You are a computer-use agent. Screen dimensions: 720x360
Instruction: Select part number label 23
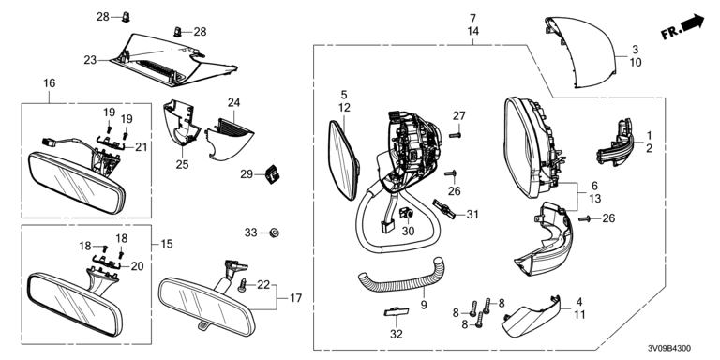(90, 60)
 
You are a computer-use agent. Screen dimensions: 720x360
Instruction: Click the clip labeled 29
(273, 174)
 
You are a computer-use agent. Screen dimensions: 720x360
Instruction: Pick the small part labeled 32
(397, 312)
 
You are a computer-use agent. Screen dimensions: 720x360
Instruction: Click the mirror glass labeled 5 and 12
(344, 159)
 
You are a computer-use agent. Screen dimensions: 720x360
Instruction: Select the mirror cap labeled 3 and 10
(580, 52)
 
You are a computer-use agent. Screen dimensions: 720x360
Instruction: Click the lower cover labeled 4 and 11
(532, 316)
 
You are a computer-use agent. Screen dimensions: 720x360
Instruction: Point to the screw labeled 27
(455, 135)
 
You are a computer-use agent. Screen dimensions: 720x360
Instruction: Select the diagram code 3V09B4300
(669, 349)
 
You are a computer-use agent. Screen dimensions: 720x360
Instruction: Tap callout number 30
(408, 232)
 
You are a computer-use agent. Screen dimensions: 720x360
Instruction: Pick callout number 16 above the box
(49, 83)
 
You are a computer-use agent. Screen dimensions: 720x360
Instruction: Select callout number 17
(296, 298)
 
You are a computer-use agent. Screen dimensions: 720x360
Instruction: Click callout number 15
(167, 244)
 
